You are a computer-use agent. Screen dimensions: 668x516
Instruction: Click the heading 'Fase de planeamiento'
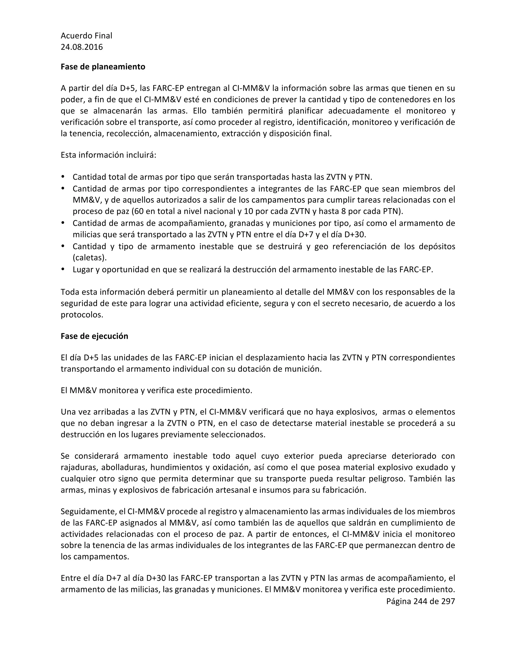[103, 67]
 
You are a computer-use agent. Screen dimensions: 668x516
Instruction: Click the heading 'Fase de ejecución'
[94, 336]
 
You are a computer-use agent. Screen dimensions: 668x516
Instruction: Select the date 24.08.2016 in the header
[82, 47]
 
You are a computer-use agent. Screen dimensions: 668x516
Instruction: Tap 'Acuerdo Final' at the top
[86, 36]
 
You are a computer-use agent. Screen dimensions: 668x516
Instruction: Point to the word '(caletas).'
[89, 258]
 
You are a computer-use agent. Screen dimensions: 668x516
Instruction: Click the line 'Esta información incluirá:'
[108, 155]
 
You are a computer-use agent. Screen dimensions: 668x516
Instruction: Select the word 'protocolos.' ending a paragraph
[82, 315]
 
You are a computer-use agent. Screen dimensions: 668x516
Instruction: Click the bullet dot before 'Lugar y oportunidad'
[63, 269]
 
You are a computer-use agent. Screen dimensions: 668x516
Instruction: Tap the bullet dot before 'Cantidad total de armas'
[63, 176]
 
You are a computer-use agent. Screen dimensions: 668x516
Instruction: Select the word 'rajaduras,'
[79, 467]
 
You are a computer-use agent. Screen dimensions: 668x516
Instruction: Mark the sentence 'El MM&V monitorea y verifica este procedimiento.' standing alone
[156, 390]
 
